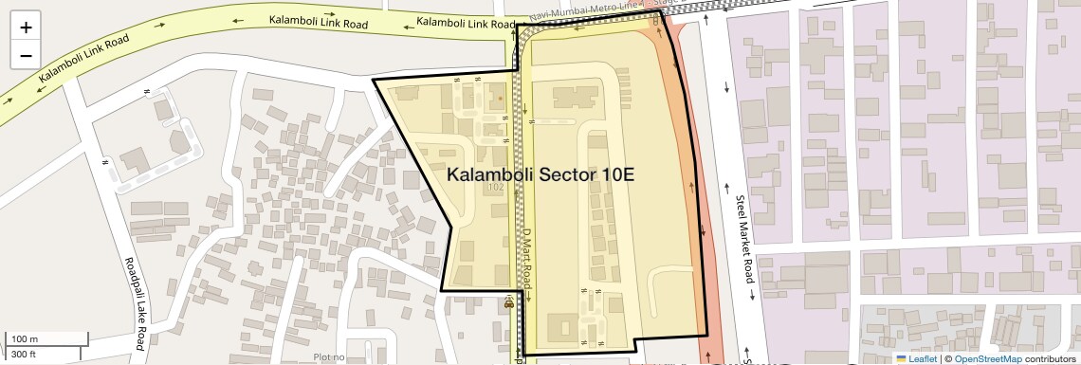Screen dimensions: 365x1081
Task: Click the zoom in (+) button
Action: click(x=26, y=27)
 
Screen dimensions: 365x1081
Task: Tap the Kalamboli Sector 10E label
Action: click(x=540, y=175)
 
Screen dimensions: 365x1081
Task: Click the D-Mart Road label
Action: click(x=525, y=257)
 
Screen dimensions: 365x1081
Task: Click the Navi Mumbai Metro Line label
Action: click(x=588, y=9)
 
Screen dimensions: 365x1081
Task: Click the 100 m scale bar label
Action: click(x=25, y=339)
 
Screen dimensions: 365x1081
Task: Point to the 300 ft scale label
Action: click(x=24, y=355)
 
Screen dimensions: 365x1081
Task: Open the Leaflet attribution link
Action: click(x=915, y=358)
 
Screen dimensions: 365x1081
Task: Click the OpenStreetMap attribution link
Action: click(x=987, y=358)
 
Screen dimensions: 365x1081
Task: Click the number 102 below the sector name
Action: click(x=494, y=188)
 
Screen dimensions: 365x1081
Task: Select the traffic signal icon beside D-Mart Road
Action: click(x=509, y=304)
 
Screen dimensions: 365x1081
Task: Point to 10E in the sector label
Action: click(x=616, y=175)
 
